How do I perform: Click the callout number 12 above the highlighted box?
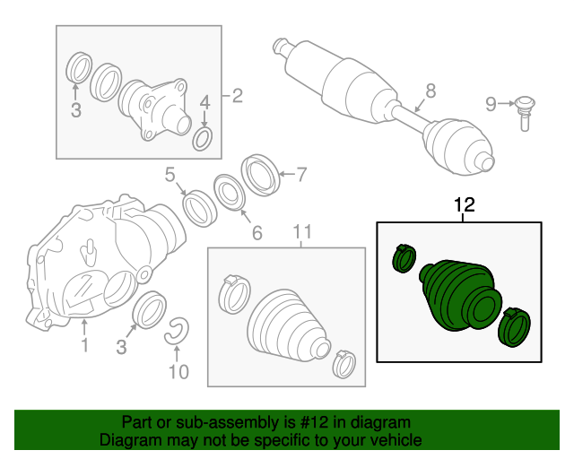point(465,205)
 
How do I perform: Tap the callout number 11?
point(303,231)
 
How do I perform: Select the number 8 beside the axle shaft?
point(430,91)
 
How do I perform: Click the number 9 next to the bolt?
point(491,104)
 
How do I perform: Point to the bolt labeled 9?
point(525,113)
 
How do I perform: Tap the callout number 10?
point(178,371)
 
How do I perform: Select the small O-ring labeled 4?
point(202,140)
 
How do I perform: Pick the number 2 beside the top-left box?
point(238,96)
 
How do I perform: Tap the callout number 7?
point(301,175)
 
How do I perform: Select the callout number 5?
point(170,175)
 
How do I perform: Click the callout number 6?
point(257,233)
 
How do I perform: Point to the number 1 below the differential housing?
point(84,345)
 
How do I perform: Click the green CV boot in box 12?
point(460,295)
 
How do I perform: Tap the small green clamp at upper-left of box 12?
point(404,258)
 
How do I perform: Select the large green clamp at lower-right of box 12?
point(514,327)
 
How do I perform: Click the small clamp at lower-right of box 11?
point(344,364)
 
